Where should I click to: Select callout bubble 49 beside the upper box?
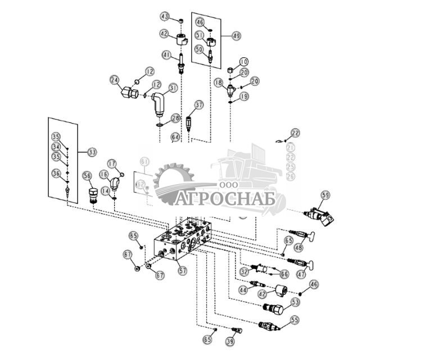coord(236,35)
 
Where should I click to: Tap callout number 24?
coord(115,80)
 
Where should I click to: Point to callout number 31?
coord(173,88)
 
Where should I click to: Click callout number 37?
coord(199,105)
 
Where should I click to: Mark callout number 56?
coord(87,176)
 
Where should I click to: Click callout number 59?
coord(325,195)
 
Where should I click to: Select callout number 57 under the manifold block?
coord(182,270)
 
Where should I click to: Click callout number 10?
coord(243,61)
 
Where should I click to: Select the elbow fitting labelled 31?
coord(159,104)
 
